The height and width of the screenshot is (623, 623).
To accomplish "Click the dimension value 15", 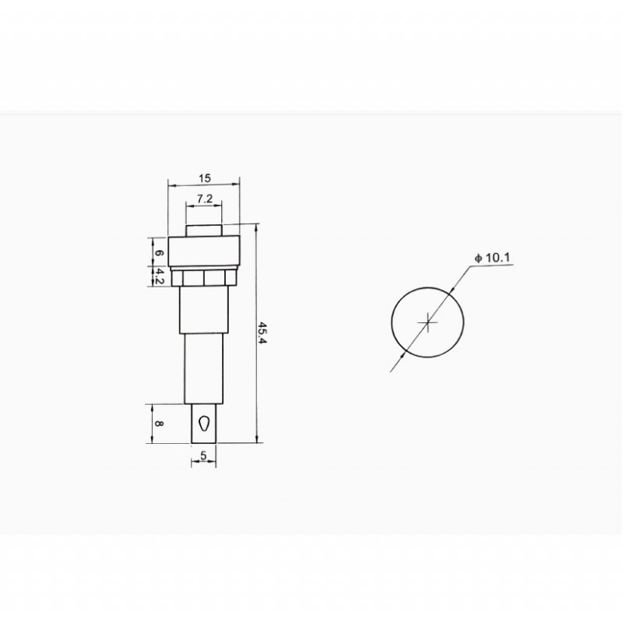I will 206,178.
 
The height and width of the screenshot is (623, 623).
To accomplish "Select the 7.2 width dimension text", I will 205,199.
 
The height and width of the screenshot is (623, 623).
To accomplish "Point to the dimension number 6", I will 159,253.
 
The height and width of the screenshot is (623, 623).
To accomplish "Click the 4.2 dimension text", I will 159,276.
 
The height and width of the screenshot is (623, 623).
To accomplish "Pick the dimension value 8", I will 159,424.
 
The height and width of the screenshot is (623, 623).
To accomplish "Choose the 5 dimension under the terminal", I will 204,456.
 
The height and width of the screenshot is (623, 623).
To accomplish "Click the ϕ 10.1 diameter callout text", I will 494,258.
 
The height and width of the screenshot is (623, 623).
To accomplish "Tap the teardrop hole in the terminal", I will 204,424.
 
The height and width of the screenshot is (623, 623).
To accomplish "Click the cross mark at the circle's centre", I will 428,321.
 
